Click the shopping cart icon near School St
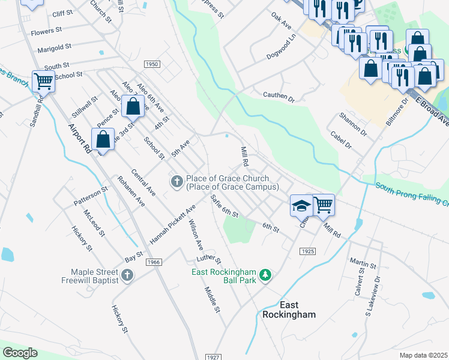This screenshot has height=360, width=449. tap(43, 80)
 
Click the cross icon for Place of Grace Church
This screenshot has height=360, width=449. tap(176, 181)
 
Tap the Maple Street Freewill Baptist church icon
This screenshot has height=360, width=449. tap(126, 275)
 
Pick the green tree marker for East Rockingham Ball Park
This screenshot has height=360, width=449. tap(265, 276)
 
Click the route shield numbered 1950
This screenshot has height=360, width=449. tap(152, 64)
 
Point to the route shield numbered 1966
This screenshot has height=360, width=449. tap(154, 262)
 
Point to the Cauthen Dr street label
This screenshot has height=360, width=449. tap(279, 95)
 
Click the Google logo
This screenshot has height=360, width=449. tap(20, 353)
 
